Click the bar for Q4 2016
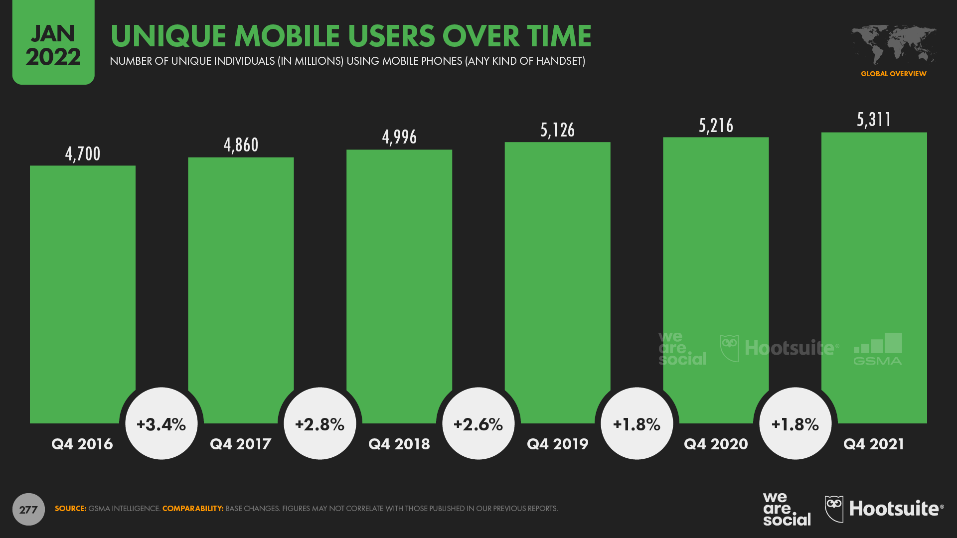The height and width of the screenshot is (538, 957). click(82, 294)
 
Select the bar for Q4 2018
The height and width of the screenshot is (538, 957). click(399, 286)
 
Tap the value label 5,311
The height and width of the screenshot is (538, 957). click(874, 120)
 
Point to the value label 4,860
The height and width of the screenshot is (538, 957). click(241, 145)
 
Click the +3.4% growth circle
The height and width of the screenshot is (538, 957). click(161, 424)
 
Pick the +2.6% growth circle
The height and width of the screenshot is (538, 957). click(478, 424)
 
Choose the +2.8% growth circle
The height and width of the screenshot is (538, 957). click(320, 424)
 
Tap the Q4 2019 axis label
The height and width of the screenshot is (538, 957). click(557, 444)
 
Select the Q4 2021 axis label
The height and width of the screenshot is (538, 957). click(873, 444)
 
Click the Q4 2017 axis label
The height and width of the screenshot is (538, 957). click(240, 444)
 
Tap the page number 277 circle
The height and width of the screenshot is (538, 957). click(28, 509)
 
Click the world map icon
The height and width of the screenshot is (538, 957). click(893, 44)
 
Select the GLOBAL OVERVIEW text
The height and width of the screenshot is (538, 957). click(893, 74)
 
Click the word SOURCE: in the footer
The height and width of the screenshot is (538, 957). click(70, 509)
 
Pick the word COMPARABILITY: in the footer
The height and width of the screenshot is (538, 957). click(192, 509)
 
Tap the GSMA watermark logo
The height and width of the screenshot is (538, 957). click(878, 349)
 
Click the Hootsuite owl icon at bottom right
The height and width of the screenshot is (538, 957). click(834, 509)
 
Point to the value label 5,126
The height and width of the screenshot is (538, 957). click(557, 130)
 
